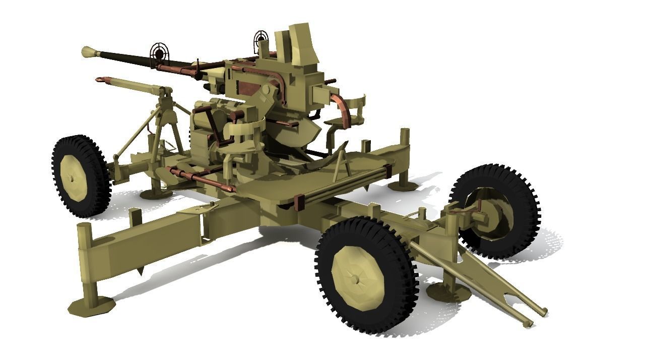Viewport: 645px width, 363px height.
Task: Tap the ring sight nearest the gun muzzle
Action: point(158,51)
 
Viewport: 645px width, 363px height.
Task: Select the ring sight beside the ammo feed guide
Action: point(261,37)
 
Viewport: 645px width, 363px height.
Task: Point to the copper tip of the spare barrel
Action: point(103,79)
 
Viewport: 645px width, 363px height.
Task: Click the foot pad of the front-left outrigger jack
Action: point(92,306)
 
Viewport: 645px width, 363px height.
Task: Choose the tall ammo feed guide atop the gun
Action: point(297,45)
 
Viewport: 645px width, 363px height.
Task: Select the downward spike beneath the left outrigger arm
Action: point(140,271)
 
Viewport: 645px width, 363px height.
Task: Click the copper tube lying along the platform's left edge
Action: point(202,179)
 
